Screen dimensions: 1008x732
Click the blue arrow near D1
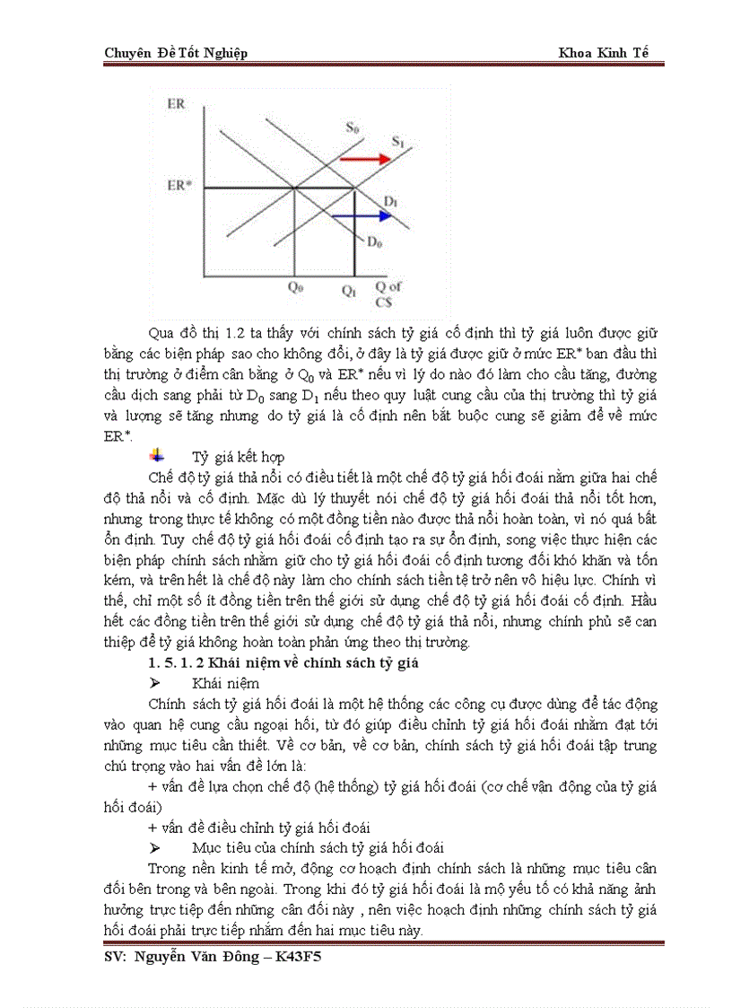coord(370,216)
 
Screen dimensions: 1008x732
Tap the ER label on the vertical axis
coord(176,105)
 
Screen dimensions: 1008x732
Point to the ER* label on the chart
coord(179,186)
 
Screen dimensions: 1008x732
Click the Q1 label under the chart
coord(349,291)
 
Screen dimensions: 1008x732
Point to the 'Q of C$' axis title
coord(388,293)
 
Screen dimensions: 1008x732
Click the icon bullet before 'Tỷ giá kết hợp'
coord(158,456)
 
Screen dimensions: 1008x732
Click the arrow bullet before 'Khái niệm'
coord(154,683)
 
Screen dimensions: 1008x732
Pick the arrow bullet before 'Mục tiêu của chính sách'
coord(154,847)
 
